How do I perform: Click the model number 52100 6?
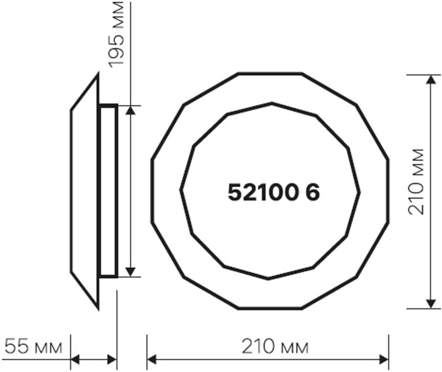[x=273, y=192]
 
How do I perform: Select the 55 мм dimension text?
[x=33, y=346]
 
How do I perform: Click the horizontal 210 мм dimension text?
[x=275, y=346]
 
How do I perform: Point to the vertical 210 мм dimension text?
[x=416, y=182]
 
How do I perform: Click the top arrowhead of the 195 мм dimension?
[x=130, y=110]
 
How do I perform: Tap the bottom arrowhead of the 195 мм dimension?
[x=130, y=272]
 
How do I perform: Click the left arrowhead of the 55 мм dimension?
[x=75, y=359]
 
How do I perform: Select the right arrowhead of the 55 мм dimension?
[x=112, y=359]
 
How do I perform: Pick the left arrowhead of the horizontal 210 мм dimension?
[x=152, y=359]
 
